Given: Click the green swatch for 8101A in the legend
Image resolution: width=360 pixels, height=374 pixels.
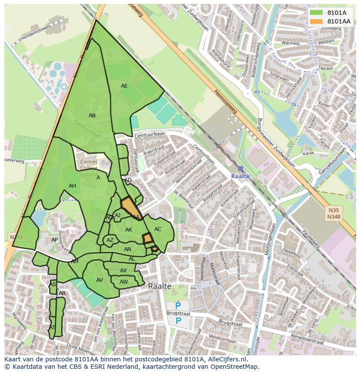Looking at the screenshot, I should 316,13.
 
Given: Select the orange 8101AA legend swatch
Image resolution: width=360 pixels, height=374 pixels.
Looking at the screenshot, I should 316,21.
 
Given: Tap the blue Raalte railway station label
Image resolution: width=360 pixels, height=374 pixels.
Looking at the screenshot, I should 240,176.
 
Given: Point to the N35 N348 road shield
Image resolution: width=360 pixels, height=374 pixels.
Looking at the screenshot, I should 333,213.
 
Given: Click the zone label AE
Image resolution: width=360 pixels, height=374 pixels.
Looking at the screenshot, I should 124,86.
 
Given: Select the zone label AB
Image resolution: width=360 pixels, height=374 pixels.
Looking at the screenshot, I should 92,116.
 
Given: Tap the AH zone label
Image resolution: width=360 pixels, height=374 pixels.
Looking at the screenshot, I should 72,186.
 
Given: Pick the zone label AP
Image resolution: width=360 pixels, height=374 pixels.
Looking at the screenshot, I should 54,240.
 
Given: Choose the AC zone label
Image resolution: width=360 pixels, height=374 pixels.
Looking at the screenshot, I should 158,229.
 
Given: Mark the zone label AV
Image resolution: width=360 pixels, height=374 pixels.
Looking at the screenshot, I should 100,280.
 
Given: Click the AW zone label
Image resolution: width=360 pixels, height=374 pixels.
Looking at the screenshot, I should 123,282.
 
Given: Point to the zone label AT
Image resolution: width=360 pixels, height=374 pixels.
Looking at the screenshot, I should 52,328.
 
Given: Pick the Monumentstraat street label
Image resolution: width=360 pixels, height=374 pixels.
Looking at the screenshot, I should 188,172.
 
